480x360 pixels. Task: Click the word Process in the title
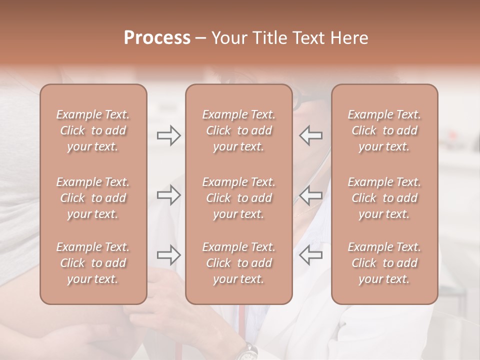pos(157,38)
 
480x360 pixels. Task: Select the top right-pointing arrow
pos(168,135)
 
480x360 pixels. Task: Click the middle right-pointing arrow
pos(168,195)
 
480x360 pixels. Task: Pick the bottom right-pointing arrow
pos(168,254)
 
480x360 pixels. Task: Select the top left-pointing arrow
pos(311,135)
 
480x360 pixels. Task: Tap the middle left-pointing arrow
pos(311,195)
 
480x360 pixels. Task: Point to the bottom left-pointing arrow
pos(311,254)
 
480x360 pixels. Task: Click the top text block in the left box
pos(93,130)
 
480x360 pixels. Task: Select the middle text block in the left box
pos(93,198)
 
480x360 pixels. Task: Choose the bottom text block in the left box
pos(93,263)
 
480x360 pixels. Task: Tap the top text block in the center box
pos(238,130)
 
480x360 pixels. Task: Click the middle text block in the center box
pos(238,198)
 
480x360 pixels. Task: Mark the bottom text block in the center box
pos(238,263)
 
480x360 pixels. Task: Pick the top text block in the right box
pos(384,130)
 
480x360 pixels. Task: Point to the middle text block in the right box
pos(384,198)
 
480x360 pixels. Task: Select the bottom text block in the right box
pos(384,263)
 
